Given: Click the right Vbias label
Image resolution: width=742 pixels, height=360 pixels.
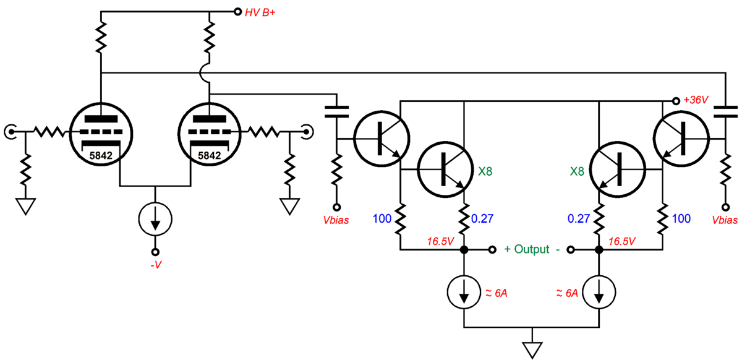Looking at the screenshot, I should click(724, 220).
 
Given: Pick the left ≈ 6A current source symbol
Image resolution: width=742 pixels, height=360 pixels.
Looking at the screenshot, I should click(464, 291).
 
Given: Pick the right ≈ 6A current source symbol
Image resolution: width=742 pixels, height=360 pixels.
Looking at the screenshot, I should click(599, 291).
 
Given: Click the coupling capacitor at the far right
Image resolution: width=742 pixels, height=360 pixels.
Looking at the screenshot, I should click(725, 112).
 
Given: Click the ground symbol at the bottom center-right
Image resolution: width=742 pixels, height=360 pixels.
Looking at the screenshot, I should click(531, 349).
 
